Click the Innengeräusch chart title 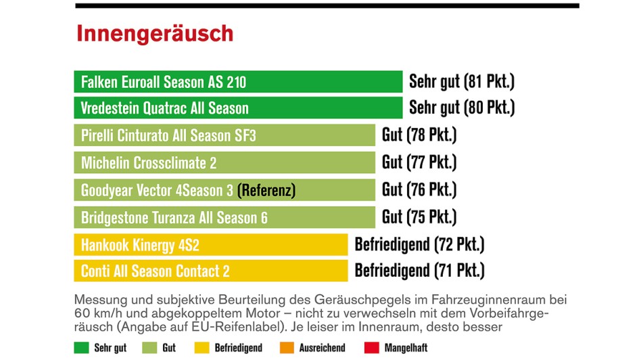pos(155,33)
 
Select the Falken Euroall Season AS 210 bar pos(238,82)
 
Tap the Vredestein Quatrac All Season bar pos(238,108)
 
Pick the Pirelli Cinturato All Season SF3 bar pos(224,135)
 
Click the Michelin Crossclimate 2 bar pos(224,163)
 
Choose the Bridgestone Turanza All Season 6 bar pos(224,218)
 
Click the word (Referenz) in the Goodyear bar pos(266,191)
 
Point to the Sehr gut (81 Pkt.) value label pos(461,82)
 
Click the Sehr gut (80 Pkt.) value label pos(461,108)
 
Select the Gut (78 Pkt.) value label pos(419,135)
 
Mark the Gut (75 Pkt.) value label pos(419,217)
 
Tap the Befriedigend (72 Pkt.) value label pos(419,244)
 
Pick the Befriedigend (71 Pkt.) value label pos(419,271)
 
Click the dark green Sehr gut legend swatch pos(81,348)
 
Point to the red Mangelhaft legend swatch pos(371,348)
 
